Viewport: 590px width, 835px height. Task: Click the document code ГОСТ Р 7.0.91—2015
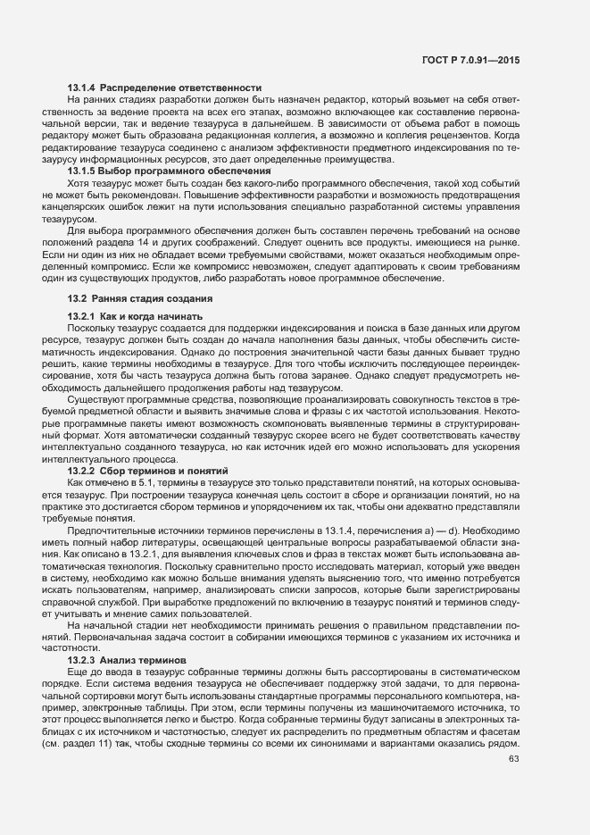coord(472,58)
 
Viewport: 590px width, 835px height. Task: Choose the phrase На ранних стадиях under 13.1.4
coord(99,99)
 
